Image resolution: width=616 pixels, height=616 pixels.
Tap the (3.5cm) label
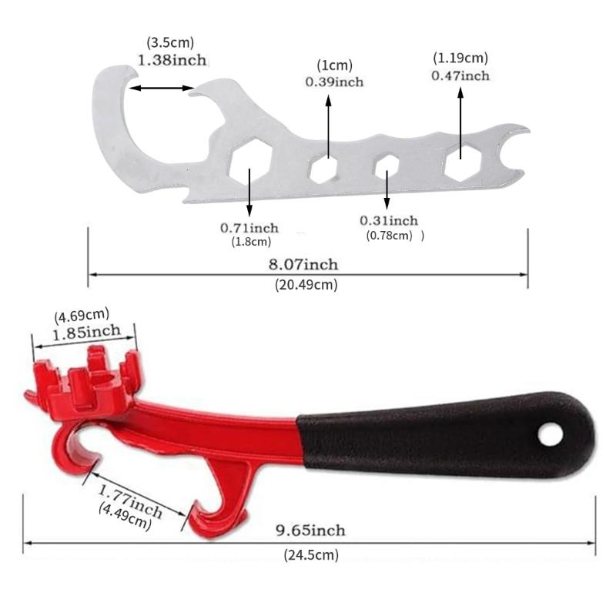[x=169, y=43]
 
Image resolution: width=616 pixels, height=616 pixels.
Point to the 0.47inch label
[x=460, y=75]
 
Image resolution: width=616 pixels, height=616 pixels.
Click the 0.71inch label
[x=249, y=228]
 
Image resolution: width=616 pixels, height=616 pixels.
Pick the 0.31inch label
[x=389, y=221]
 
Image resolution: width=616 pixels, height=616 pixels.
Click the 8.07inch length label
[x=303, y=265]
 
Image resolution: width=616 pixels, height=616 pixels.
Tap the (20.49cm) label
[x=306, y=284]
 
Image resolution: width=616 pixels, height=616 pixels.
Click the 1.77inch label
[x=131, y=499]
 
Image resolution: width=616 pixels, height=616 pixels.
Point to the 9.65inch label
[x=311, y=531]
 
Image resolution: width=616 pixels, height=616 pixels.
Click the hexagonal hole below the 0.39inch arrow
[x=325, y=167]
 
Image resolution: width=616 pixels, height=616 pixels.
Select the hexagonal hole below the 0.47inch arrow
[x=462, y=162]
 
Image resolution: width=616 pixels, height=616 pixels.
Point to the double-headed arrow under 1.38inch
[x=162, y=89]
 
